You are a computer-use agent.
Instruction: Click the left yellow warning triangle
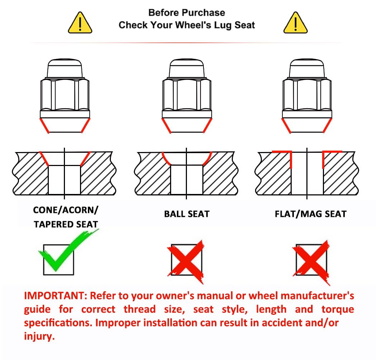pyautogui.click(x=80, y=23)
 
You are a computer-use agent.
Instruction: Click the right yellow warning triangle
pyautogui.click(x=295, y=23)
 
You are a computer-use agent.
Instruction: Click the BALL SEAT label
pyautogui.click(x=187, y=214)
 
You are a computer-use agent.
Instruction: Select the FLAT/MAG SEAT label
pyautogui.click(x=311, y=214)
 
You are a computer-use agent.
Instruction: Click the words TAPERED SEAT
pyautogui.click(x=66, y=224)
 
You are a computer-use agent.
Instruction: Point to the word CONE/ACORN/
pyautogui.click(x=66, y=210)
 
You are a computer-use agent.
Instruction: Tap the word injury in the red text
pyautogui.click(x=39, y=336)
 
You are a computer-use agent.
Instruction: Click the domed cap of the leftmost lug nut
pyautogui.click(x=65, y=68)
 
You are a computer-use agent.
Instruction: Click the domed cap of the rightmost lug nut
pyautogui.click(x=307, y=68)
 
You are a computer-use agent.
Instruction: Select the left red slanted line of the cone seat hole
pyautogui.click(x=44, y=158)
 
